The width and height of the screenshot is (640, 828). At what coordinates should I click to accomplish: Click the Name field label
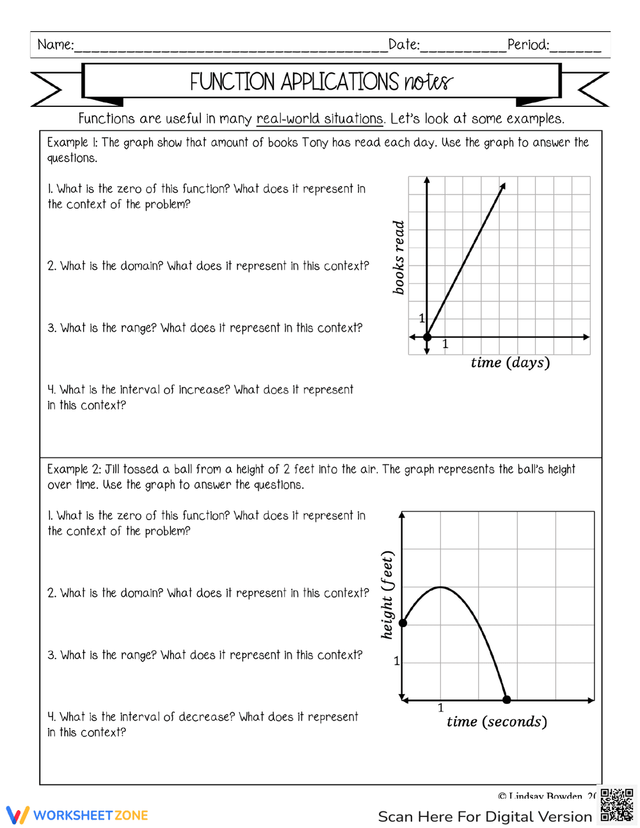pos(55,45)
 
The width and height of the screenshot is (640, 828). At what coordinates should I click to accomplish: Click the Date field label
pos(404,45)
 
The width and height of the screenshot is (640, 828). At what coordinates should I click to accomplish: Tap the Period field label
pos(528,45)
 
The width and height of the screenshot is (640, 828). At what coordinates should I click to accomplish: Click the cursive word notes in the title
pos(428,82)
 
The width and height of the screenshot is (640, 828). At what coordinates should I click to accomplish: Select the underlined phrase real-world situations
pos(319,119)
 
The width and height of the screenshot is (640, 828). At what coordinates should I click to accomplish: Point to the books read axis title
pos(399,257)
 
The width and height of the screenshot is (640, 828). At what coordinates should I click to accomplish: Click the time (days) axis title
pos(510,363)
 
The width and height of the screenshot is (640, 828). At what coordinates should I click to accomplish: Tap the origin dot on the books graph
pos(428,337)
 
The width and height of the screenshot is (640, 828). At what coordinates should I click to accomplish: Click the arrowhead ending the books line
pos(503,186)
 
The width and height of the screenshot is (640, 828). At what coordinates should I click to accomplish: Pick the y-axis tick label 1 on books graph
pos(422,318)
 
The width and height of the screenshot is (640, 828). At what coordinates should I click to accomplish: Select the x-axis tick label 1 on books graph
pos(445,344)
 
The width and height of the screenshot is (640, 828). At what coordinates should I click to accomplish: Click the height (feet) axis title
pos(387,595)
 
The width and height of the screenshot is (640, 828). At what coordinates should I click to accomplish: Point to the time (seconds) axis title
pos(497,722)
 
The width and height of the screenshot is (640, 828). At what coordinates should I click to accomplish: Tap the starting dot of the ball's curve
pos(403,623)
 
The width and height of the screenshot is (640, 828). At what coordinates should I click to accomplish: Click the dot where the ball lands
pos(507,700)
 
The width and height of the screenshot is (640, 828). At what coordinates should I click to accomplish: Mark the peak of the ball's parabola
pos(440,587)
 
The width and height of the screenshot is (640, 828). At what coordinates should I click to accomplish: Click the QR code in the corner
pos(617,805)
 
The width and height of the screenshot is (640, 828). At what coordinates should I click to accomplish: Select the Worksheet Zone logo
pos(77,815)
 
